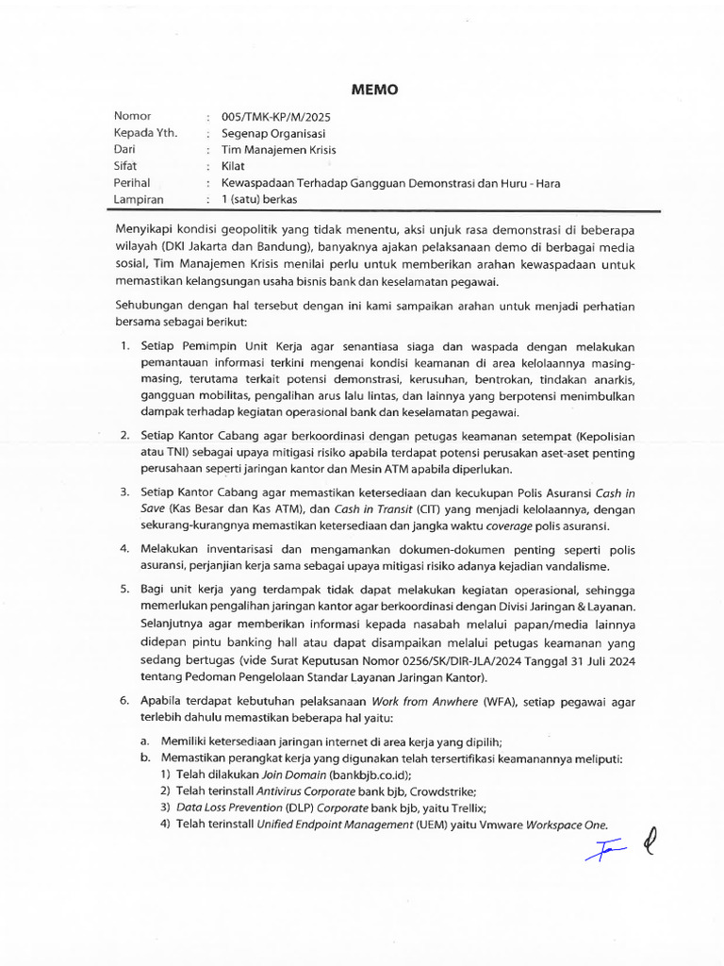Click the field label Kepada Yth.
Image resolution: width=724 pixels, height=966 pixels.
pos(145,133)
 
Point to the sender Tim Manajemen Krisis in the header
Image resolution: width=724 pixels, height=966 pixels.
pos(278,149)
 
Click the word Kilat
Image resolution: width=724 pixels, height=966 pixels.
pos(233,166)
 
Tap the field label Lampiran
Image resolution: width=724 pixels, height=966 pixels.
pos(138,200)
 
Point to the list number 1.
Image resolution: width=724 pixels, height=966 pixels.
pos(124,347)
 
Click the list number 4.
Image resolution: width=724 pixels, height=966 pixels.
pos(124,548)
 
